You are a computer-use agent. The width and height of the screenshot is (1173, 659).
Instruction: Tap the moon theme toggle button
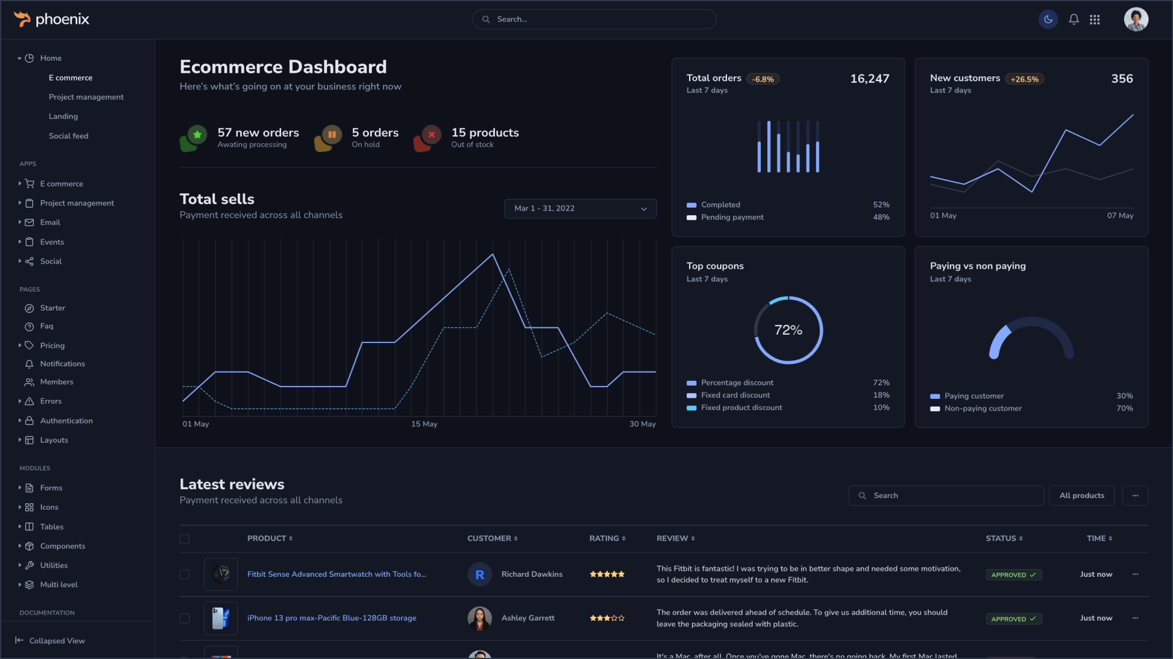coord(1048,19)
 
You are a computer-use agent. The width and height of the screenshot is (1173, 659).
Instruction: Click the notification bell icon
coord(1073,19)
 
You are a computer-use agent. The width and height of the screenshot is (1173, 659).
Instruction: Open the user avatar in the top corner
coord(1136,19)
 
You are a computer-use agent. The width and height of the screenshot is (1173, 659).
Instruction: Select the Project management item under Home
coord(86,97)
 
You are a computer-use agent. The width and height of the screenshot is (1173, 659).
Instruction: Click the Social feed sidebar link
coord(69,136)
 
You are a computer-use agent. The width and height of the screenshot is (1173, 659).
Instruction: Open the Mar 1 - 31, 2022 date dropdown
coord(580,209)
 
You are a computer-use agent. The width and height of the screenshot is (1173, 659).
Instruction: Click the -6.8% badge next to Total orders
coord(763,79)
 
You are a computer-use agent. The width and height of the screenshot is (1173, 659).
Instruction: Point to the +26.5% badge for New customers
coord(1024,79)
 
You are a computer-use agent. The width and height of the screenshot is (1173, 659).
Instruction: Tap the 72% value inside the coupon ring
coord(788,330)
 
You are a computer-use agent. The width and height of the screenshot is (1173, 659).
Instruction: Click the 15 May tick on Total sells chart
coord(424,424)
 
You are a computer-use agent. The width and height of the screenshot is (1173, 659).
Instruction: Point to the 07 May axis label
coord(1120,216)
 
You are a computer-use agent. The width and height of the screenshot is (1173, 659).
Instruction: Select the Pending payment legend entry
coord(732,218)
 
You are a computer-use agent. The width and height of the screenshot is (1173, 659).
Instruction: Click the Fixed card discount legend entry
coord(735,395)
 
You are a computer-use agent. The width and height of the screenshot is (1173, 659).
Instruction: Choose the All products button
coord(1081,496)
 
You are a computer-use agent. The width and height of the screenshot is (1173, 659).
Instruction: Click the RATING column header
coord(607,538)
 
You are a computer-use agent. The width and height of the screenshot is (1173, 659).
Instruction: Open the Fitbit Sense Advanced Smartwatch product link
coord(336,574)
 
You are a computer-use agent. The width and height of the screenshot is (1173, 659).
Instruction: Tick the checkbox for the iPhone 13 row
coord(185,618)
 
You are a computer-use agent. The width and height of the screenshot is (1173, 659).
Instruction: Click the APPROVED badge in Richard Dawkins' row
coord(1013,575)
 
